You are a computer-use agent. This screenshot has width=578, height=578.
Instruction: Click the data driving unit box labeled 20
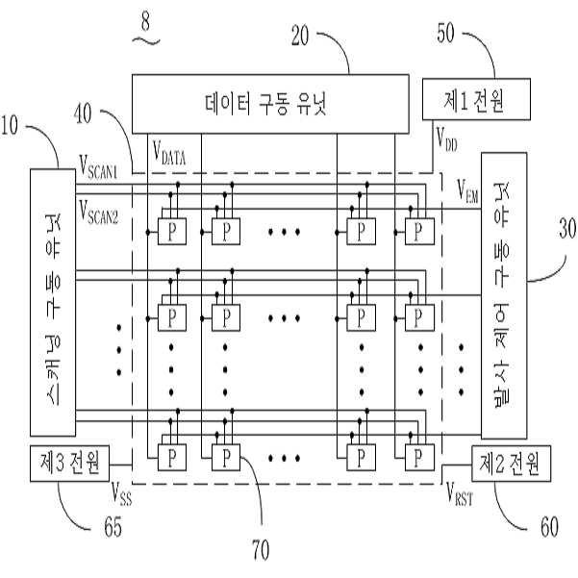click(270, 104)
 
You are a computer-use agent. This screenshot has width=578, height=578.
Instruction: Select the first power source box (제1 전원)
click(476, 99)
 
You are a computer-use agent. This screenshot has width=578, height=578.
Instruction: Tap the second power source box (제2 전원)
click(511, 464)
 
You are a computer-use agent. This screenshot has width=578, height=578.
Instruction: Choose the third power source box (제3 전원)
click(69, 464)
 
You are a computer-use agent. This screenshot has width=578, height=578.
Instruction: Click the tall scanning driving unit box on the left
click(53, 302)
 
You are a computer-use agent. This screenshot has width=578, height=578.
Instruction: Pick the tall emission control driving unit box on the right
click(504, 295)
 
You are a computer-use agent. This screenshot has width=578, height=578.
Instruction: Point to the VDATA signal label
click(169, 153)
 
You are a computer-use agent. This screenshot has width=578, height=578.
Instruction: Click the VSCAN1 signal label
click(98, 167)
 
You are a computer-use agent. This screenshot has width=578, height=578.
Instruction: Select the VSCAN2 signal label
click(98, 212)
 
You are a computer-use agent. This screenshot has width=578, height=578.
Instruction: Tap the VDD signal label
click(446, 139)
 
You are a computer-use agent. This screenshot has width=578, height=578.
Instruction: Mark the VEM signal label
click(467, 191)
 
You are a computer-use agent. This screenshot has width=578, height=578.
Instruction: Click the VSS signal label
click(121, 493)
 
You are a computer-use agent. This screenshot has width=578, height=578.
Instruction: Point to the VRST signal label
click(460, 493)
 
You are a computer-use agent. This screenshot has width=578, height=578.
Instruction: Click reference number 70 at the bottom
click(261, 549)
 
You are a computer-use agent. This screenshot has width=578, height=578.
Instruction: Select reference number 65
click(113, 527)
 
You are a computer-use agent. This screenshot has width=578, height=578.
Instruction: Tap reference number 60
click(549, 527)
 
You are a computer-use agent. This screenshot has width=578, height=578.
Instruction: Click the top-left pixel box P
click(172, 232)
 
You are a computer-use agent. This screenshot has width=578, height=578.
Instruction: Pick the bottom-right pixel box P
click(419, 458)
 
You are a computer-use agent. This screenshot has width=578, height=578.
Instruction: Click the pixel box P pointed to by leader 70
click(226, 458)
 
